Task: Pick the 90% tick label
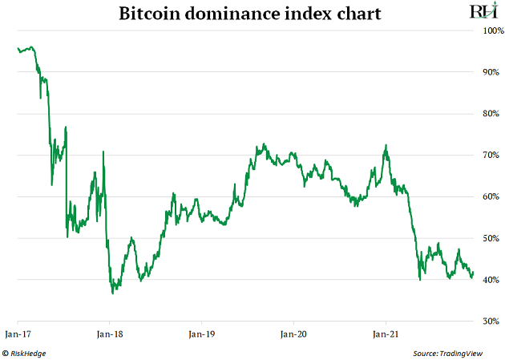(490, 72)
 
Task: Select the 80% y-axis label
(490, 114)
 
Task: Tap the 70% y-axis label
(490, 155)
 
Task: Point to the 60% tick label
(490, 196)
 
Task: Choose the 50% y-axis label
(490, 238)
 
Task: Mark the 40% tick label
(490, 280)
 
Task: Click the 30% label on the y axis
(490, 321)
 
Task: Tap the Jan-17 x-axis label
(18, 332)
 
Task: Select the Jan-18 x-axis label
(110, 332)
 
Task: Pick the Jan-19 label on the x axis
(202, 332)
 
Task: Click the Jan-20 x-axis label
(294, 332)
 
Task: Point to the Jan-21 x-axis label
(386, 332)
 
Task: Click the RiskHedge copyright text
(26, 352)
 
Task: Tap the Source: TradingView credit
(453, 352)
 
